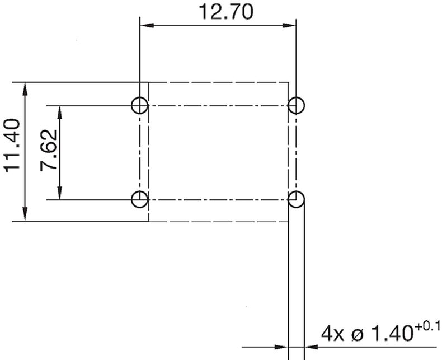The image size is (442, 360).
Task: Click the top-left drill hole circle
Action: (x=139, y=105)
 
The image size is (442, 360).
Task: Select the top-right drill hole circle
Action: (x=296, y=105)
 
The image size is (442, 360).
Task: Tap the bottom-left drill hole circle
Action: (x=139, y=199)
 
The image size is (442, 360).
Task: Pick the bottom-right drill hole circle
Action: (x=296, y=199)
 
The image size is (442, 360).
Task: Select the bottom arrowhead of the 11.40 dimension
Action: (x=25, y=216)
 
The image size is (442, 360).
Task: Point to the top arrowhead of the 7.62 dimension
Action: (x=59, y=110)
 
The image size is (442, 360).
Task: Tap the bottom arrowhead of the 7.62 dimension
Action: (x=59, y=194)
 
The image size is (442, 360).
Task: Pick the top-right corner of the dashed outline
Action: (x=288, y=82)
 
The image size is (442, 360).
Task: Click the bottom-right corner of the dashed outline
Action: (x=288, y=221)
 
